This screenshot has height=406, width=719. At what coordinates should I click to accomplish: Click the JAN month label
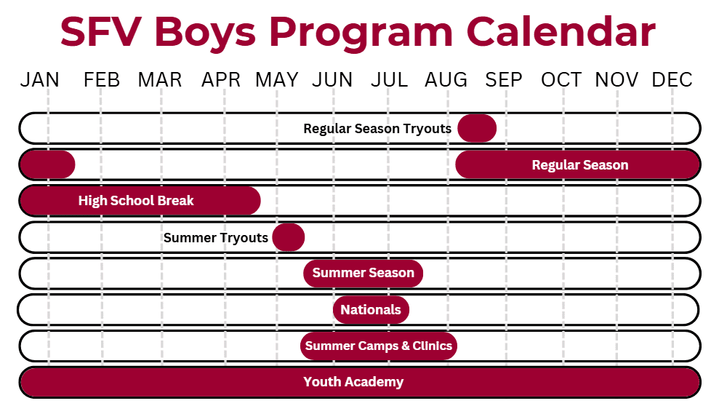pos(40,80)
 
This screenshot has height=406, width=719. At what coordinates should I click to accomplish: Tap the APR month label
pos(221,80)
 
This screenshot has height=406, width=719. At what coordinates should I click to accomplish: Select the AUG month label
pos(446,80)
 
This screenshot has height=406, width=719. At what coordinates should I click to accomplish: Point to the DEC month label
pos(672,80)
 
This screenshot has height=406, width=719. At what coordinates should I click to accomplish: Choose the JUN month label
pos(332,80)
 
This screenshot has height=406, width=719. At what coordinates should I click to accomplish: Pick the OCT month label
pos(561,80)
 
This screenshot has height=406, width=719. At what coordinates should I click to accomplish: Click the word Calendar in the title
pos(561,32)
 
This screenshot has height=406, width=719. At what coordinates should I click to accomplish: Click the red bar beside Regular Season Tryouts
pos(477,129)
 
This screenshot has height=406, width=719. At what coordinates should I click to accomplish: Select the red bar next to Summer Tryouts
pos(289,237)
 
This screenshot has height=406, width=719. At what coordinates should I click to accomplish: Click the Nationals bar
pos(371,310)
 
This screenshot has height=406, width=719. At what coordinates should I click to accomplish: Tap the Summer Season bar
pos(363,273)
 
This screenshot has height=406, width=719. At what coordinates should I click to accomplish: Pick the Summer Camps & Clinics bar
pos(379,346)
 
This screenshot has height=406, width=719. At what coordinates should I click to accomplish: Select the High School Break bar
pos(140,201)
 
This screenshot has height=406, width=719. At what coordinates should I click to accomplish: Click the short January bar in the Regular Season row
pos(48,164)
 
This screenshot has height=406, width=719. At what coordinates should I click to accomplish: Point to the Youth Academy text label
pos(353,382)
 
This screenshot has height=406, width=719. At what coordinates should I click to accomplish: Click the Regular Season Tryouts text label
pos(377,129)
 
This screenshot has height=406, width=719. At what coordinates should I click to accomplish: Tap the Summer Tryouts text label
pos(215,238)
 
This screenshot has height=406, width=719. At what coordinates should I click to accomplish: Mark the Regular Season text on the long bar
pos(580,165)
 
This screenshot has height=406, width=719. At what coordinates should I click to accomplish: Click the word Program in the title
pos(361,33)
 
